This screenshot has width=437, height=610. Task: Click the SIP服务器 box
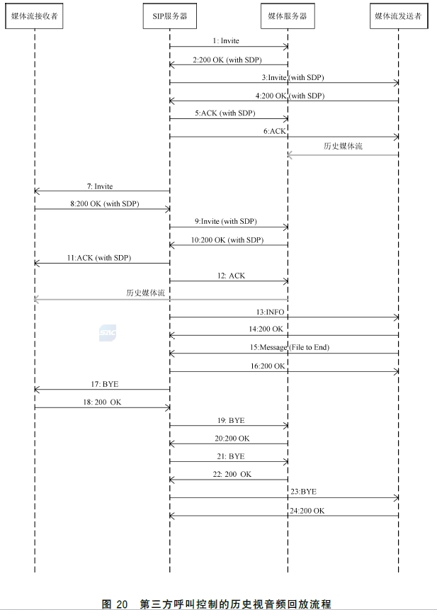[x=169, y=16]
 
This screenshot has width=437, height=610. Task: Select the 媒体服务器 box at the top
[x=288, y=16]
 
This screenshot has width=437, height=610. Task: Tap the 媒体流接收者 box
[x=34, y=16]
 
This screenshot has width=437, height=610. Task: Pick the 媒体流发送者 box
[x=398, y=16]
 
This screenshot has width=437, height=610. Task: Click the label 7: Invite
[x=100, y=186]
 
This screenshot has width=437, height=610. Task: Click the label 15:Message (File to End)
[x=289, y=347]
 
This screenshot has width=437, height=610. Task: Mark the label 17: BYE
[x=103, y=383]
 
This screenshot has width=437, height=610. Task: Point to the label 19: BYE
[x=232, y=420]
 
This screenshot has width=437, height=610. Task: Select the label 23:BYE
[x=302, y=491]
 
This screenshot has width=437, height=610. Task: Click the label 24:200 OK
[x=307, y=510]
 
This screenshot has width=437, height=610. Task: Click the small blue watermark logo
[x=108, y=332]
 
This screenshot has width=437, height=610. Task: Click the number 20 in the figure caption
[x=122, y=604]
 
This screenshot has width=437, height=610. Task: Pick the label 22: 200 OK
[x=232, y=474]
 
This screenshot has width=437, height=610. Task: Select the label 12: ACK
[x=232, y=276]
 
